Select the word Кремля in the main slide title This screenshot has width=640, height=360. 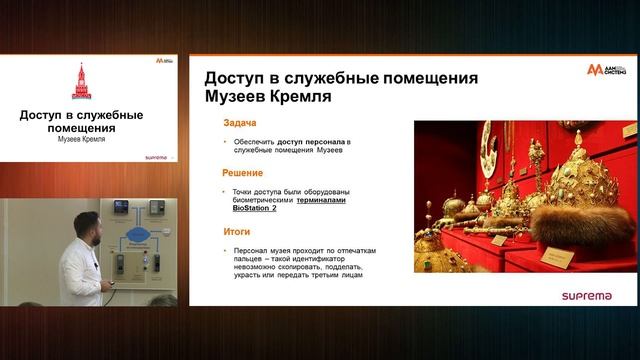tap(297, 97)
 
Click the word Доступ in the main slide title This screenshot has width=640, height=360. tap(236, 78)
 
